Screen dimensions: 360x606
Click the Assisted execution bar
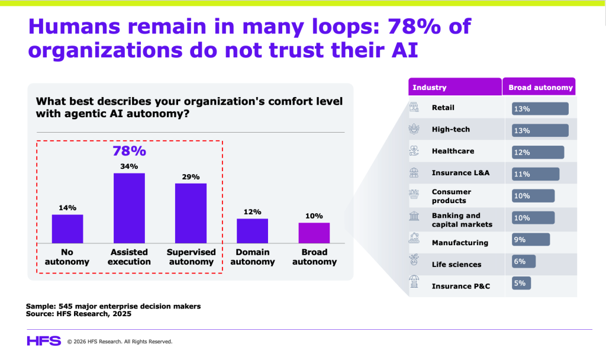pos(129,208)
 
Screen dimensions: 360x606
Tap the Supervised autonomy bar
pos(191,213)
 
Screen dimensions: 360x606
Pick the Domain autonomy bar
pos(252,231)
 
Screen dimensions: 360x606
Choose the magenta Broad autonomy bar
pos(314,233)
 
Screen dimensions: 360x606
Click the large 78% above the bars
pos(129,150)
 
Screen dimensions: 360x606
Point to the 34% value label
pos(129,166)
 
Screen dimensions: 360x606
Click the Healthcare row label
pos(453,151)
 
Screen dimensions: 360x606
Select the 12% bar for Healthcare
pos(538,152)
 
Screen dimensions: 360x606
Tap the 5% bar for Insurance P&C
pos(522,283)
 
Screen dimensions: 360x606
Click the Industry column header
pos(430,88)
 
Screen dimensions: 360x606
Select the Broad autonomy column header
pos(541,88)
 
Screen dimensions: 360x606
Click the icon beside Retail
pos(415,108)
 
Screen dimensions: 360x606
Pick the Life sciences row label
pos(456,264)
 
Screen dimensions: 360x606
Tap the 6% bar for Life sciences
pos(523,261)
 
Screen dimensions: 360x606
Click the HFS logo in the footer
pos(43,340)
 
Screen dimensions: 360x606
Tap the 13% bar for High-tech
pos(540,130)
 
